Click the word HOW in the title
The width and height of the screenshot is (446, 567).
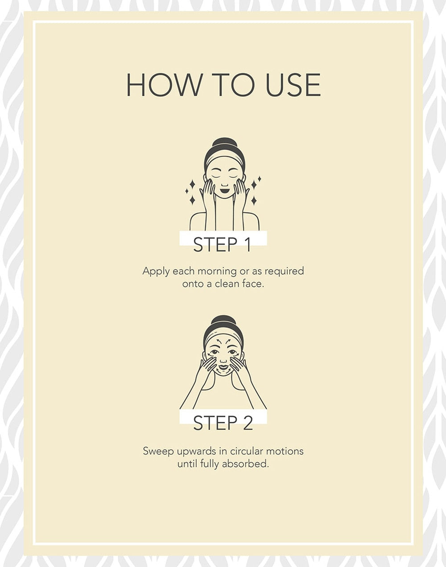tap(163, 85)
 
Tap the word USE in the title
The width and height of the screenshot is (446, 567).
tap(293, 85)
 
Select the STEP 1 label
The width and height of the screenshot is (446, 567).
tap(223, 245)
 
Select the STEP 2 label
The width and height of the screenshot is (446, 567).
tap(223, 423)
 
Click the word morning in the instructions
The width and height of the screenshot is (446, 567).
tap(218, 271)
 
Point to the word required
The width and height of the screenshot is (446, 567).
tap(285, 271)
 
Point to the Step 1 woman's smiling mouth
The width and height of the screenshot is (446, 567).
tap(224, 189)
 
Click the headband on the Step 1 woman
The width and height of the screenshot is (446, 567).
tap(224, 161)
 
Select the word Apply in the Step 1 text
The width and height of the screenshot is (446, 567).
tap(155, 271)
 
